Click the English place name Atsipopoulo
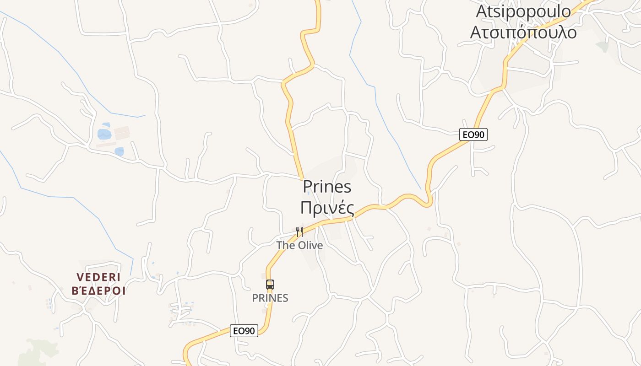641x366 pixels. pos(523,11)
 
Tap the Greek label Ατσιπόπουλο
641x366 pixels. pos(523,32)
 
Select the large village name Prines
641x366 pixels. pos(327,187)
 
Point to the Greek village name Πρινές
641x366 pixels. pos(327,208)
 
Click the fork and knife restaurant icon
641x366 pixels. pos(299,232)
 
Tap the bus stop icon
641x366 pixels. pos(270,285)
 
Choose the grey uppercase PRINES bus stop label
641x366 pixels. pos(270,298)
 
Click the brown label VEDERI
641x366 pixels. pos(98,277)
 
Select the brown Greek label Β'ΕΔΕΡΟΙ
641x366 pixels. pos(98,291)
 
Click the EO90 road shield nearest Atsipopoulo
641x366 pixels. pos(473,135)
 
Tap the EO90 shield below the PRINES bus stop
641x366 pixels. pos(244,331)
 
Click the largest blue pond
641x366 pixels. pos(104,134)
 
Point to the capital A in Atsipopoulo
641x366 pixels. pos(481,11)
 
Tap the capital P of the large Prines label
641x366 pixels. pos(308,187)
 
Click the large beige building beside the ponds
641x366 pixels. pos(122,133)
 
